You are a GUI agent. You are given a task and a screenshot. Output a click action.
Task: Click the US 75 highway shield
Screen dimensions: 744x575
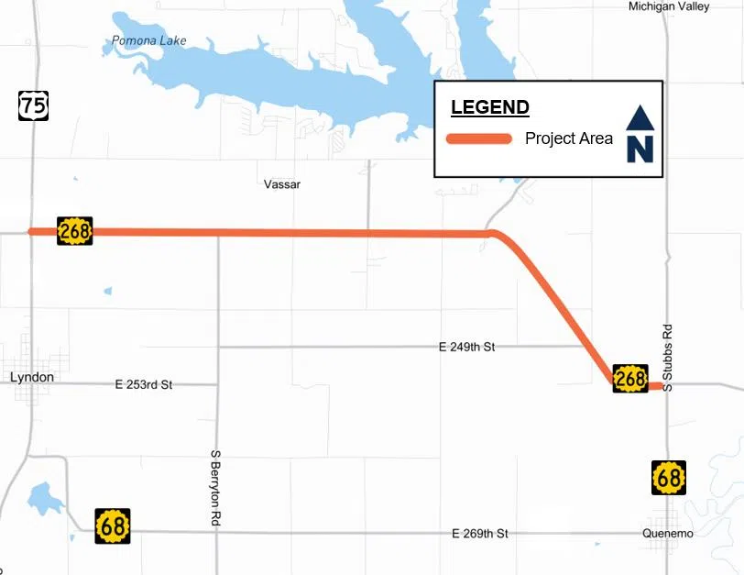pos(33,105)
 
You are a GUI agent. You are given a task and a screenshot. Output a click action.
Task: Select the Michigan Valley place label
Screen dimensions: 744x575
pos(669,6)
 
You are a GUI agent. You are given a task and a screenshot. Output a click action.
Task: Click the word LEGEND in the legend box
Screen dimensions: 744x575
pos(489,107)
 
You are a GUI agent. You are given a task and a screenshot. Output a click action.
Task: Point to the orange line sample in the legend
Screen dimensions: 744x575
pos(478,139)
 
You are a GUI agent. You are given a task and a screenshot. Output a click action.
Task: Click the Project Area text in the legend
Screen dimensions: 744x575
pos(569,139)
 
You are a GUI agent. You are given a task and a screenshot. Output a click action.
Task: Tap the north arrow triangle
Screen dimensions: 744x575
pos(639,117)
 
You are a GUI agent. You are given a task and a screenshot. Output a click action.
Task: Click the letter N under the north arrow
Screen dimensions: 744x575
pos(639,149)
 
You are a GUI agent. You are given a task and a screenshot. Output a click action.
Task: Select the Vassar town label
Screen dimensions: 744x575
pos(281,184)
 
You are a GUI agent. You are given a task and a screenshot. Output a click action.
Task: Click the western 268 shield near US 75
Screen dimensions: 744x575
pos(74,231)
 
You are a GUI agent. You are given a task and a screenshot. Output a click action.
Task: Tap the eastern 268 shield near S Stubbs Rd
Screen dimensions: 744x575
pos(630,378)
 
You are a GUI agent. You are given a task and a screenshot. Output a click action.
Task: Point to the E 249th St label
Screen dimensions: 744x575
pos(466,348)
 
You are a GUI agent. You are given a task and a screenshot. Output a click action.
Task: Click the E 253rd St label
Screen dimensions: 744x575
pos(144,385)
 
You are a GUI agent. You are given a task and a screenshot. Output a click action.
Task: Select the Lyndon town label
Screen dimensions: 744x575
pos(31,378)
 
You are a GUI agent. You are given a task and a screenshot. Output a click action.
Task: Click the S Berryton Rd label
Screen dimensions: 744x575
pos(215,487)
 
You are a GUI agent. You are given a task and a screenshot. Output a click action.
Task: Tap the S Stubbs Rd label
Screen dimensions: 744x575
pos(668,358)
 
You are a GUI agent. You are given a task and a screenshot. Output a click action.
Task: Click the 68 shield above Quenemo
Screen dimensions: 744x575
pos(668,478)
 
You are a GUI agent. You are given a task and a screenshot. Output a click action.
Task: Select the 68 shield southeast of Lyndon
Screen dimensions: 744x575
pos(113,525)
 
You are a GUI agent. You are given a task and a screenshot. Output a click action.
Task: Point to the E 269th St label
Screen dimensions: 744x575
pos(479,534)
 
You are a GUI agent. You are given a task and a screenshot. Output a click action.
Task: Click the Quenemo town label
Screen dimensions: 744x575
pos(668,534)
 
